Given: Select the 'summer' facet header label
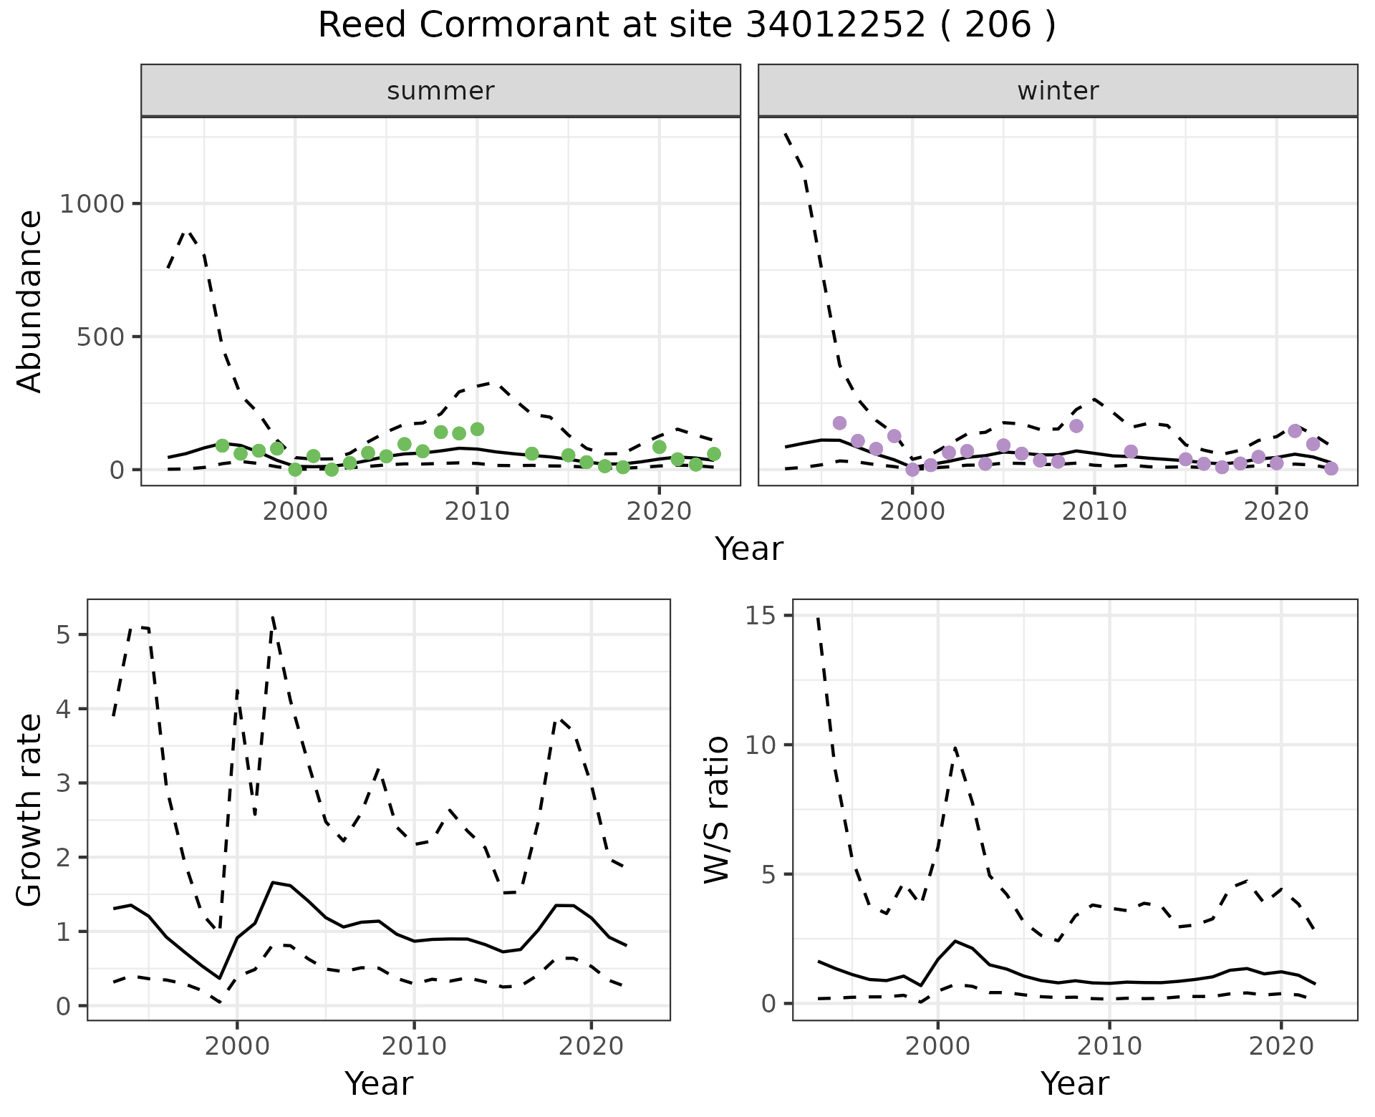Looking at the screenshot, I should click(440, 91).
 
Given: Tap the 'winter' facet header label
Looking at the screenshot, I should click(1058, 91).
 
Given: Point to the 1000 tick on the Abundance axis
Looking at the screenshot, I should click(92, 204).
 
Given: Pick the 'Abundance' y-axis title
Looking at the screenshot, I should click(30, 301).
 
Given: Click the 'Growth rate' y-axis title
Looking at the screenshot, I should click(30, 811).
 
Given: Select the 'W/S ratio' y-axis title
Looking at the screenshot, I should click(716, 809).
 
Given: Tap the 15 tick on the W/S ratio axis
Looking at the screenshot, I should click(763, 616).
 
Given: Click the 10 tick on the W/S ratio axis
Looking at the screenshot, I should click(763, 745).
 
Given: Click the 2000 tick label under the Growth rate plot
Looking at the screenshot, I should click(237, 1046).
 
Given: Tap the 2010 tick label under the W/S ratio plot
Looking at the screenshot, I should click(1109, 1046).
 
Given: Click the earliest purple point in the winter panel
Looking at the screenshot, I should click(839, 423).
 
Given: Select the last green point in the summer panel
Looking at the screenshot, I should click(714, 454).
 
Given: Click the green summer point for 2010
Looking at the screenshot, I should click(478, 430).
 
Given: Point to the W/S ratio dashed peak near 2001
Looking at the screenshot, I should click(955, 748).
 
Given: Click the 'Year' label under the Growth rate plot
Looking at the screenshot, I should click(379, 1084).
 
